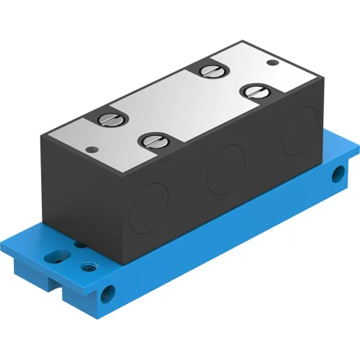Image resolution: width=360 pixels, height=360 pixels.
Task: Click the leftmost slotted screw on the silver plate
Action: (x=108, y=117)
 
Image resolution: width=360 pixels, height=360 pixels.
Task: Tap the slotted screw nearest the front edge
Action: (x=154, y=140)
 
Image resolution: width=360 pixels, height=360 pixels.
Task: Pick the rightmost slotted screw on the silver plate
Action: (x=255, y=90)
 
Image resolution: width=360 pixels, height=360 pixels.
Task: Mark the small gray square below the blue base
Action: (x=98, y=320)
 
